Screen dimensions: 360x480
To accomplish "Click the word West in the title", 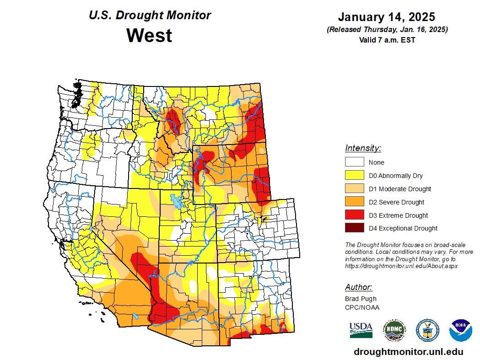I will [x=150, y=36].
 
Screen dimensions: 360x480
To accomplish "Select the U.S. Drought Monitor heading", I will [x=150, y=15].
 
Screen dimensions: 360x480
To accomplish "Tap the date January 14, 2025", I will [x=387, y=17].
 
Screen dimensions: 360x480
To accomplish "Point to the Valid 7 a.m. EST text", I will [x=387, y=40].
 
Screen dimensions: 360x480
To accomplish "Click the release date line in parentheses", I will [x=387, y=29].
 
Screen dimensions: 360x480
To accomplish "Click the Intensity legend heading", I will [x=363, y=148].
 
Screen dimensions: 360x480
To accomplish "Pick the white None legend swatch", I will [x=354, y=162].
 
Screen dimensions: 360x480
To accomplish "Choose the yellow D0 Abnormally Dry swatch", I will [x=354, y=175].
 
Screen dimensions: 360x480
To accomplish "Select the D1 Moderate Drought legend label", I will [x=399, y=189].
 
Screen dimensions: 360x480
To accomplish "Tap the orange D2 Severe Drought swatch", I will [x=354, y=202].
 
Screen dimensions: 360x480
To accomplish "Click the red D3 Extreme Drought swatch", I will [x=354, y=215].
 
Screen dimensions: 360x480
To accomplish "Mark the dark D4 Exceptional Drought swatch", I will [x=354, y=228].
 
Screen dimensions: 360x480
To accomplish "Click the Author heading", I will [x=358, y=287].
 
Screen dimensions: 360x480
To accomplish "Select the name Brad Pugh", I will [x=361, y=299].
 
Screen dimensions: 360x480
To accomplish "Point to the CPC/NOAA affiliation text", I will [x=362, y=307].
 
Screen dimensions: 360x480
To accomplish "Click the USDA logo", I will [x=361, y=329].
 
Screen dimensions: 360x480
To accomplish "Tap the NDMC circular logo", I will [x=394, y=330].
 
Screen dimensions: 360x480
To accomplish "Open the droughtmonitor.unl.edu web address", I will [x=408, y=352].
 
